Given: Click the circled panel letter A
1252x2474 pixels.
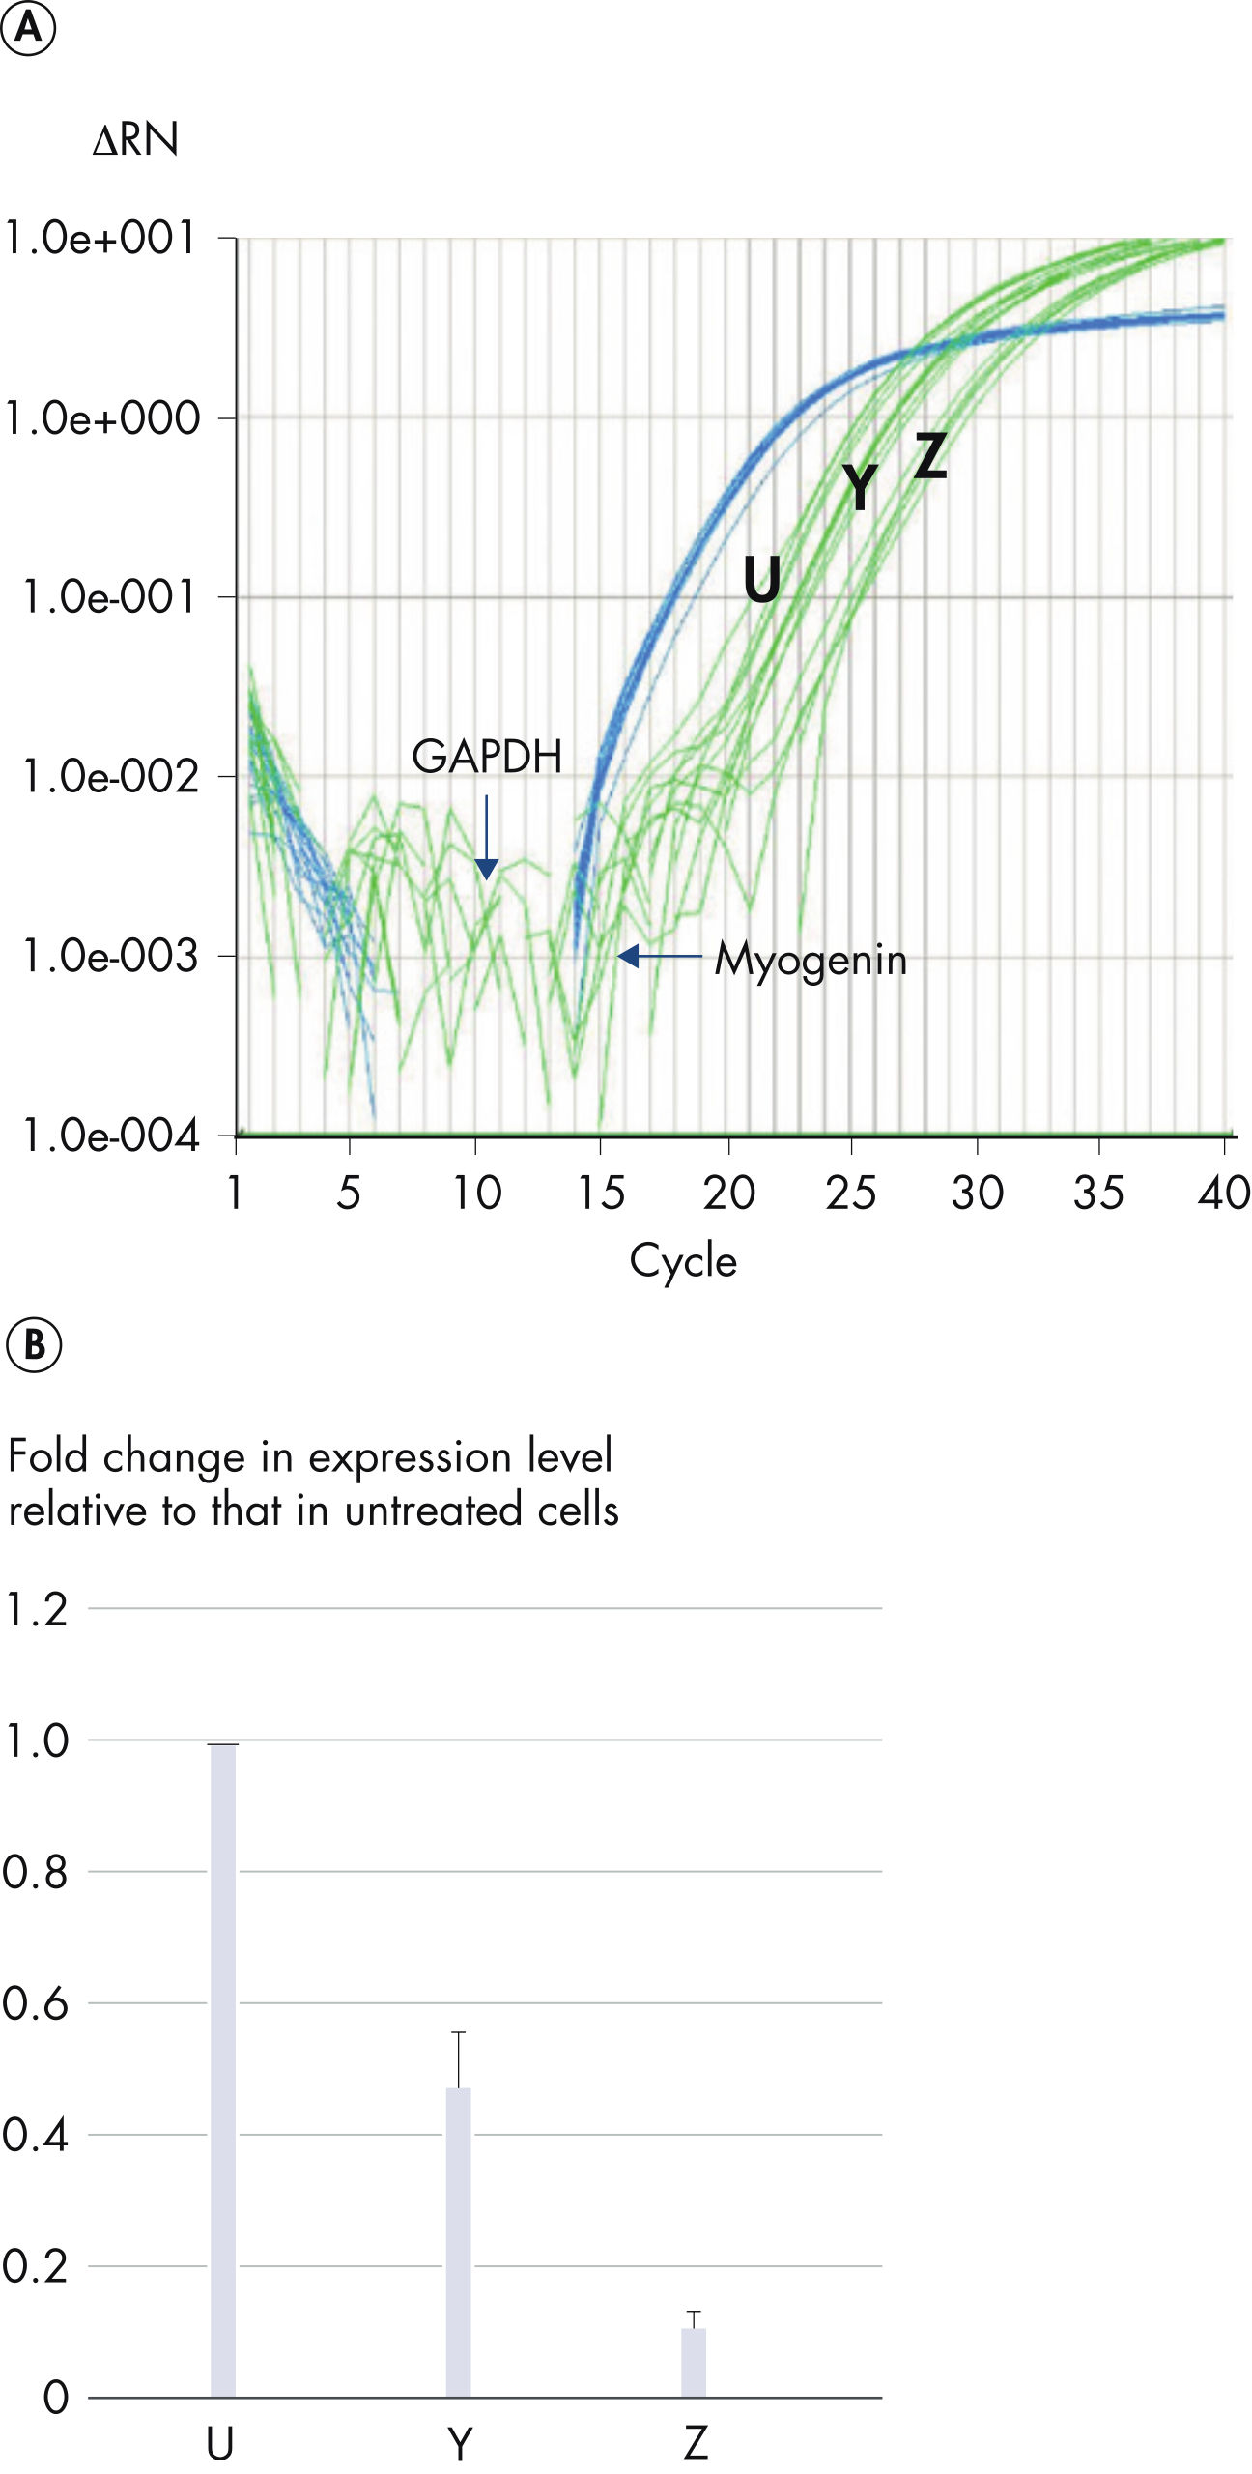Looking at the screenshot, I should coord(28,28).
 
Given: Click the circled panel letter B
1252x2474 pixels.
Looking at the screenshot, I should coord(34,1345).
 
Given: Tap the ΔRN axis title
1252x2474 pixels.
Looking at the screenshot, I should coord(135,140).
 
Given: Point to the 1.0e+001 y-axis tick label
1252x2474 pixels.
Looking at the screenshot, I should coord(100,238).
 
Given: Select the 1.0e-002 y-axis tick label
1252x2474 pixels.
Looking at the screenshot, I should coord(109,776).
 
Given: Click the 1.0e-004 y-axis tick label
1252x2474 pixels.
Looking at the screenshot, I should coord(109,1136).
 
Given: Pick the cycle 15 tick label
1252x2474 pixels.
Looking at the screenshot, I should coord(601,1194).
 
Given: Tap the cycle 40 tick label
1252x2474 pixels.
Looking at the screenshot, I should coord(1224,1194).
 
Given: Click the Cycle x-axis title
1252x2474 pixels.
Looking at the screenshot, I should coord(683,1261).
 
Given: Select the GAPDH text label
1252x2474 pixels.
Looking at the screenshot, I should coord(487,757).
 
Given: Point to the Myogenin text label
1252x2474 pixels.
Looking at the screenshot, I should coord(811,960).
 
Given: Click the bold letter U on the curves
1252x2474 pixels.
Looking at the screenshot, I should coord(762,580).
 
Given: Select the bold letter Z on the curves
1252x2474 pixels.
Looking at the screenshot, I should coord(930,455).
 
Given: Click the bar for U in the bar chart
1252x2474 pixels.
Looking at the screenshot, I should coord(223,2068).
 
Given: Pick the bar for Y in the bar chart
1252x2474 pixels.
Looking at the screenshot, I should coord(459,2242).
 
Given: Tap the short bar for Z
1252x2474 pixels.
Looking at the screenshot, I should coord(694,2362).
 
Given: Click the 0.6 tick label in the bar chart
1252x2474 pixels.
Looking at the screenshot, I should coord(36,2003).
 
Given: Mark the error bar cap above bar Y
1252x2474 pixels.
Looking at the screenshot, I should coord(459,2032).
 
